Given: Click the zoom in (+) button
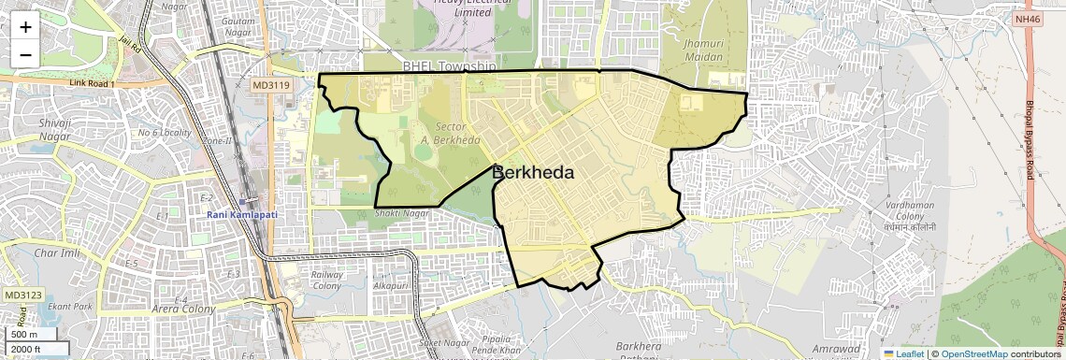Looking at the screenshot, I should coord(25,26).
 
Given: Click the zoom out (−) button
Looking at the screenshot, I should coord(25,54).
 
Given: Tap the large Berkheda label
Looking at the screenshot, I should coord(532,173).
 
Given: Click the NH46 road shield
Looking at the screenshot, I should coord(1027,19).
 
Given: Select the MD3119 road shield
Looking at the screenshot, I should coord(271,85).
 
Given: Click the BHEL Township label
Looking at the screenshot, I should coord(448,67).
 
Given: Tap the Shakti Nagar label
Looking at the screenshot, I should coord(400,213).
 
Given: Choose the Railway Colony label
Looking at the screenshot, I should coord(326,281).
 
